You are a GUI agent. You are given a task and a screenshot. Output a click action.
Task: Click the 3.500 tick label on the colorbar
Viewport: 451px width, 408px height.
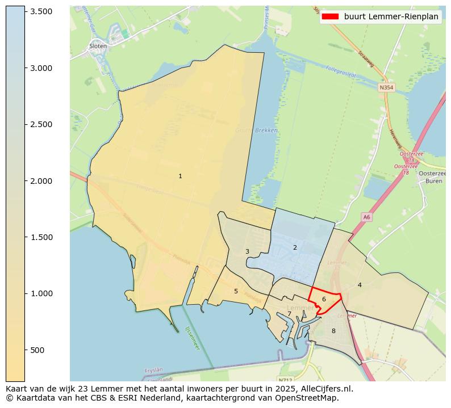coord(41,11)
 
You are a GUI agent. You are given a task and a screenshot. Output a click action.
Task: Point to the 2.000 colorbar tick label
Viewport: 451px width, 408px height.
coord(41,181)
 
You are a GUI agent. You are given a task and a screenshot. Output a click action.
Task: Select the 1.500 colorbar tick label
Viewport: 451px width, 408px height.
coord(41,237)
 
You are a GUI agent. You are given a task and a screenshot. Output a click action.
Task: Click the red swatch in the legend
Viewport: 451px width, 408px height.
coord(330,16)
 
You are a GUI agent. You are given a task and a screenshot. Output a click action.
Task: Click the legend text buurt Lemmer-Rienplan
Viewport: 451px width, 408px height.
coord(391,16)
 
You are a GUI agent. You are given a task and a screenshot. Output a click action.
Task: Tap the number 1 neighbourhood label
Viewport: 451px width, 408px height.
coord(180,176)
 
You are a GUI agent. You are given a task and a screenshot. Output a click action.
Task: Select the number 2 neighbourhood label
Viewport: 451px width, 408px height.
coord(295,247)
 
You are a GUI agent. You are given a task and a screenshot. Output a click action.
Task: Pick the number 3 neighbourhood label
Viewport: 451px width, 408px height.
coord(247,251)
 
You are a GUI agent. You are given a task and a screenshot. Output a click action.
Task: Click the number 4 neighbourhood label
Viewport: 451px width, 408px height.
coord(360,285)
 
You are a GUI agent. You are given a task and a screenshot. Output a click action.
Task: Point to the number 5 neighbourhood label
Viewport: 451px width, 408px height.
coord(236,291)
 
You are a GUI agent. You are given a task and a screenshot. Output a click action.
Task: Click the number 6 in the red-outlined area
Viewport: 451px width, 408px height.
coord(324,299)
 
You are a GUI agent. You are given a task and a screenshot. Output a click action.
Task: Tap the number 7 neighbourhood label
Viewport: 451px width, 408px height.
coord(289,313)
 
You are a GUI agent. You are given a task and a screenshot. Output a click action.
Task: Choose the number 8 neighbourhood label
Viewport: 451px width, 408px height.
coord(333,331)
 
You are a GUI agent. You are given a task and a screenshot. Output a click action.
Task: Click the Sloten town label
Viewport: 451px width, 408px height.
coord(98,47)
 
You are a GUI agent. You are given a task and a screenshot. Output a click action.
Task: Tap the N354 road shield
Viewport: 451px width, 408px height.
coord(386,88)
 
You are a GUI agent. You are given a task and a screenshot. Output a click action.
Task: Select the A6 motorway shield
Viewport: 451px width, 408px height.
coord(366,217)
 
